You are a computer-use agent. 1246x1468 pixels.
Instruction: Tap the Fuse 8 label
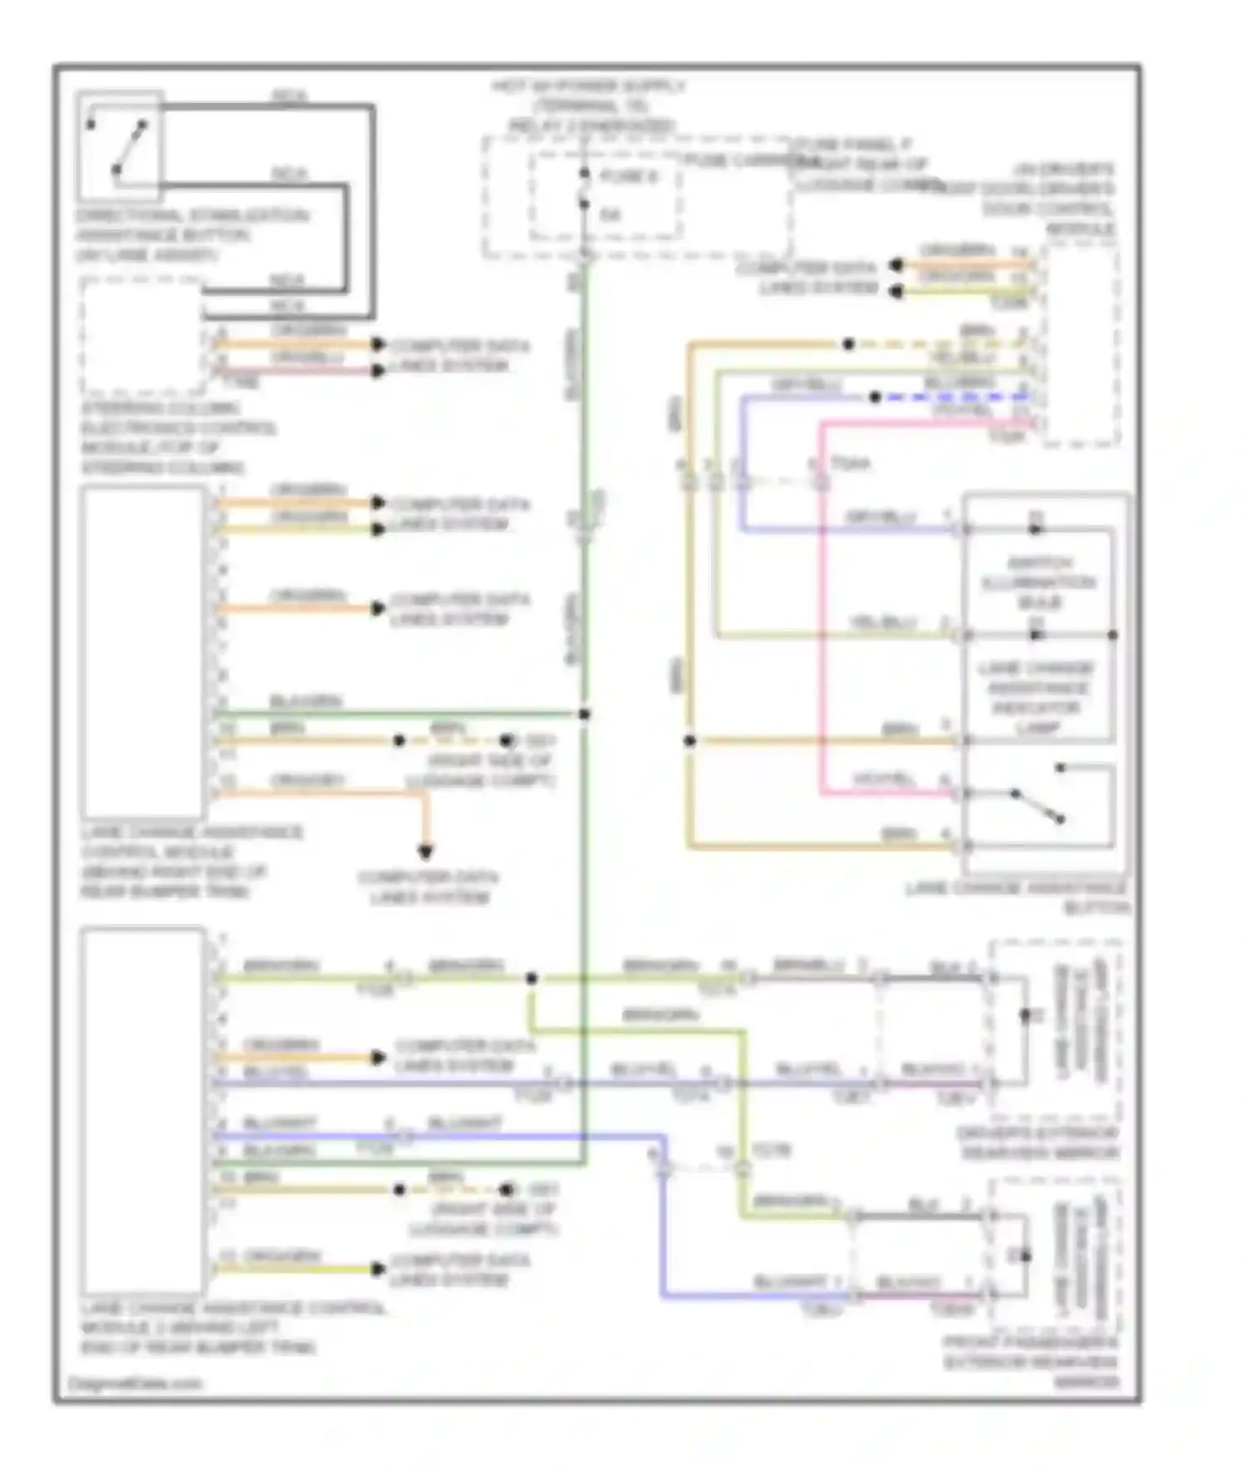(x=629, y=176)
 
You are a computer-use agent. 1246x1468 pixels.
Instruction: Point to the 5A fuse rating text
(x=611, y=215)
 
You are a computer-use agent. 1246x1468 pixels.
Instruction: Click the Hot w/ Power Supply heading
(x=589, y=86)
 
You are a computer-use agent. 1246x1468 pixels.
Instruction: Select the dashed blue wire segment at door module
(x=955, y=397)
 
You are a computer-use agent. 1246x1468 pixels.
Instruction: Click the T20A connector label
(x=851, y=464)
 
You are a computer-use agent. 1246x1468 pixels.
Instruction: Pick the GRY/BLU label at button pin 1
(x=881, y=517)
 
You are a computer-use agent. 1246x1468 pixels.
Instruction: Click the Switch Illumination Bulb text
(x=1038, y=582)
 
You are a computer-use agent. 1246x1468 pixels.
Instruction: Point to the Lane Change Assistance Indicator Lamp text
(x=1037, y=698)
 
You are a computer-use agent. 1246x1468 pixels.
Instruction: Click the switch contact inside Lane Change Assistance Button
(x=1037, y=805)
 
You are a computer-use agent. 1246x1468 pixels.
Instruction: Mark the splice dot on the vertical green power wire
(x=585, y=714)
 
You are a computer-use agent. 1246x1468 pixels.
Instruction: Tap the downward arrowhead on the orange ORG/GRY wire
(x=425, y=852)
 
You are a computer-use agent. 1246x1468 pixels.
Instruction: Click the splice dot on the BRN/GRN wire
(x=532, y=979)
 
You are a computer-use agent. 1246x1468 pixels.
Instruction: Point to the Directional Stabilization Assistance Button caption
(x=191, y=235)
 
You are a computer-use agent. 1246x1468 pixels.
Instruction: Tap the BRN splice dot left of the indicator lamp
(x=689, y=740)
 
